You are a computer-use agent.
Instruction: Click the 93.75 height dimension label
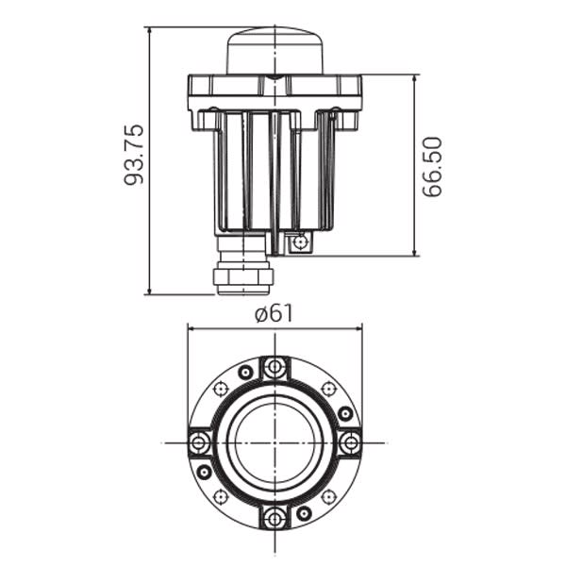pos(134,155)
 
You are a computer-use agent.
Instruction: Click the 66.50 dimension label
pos(432,167)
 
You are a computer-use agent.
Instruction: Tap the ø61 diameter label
pos(274,313)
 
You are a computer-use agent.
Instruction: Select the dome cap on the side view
pos(275,51)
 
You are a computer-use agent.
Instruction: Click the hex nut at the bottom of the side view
pos(244,276)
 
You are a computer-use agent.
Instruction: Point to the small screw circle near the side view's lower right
pos(299,241)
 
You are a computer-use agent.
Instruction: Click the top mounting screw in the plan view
pos(275,367)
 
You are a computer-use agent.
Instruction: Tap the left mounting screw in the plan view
pos(198,442)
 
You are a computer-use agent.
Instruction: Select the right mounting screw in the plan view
pos(350,441)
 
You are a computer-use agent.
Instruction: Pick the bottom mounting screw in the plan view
pos(275,518)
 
